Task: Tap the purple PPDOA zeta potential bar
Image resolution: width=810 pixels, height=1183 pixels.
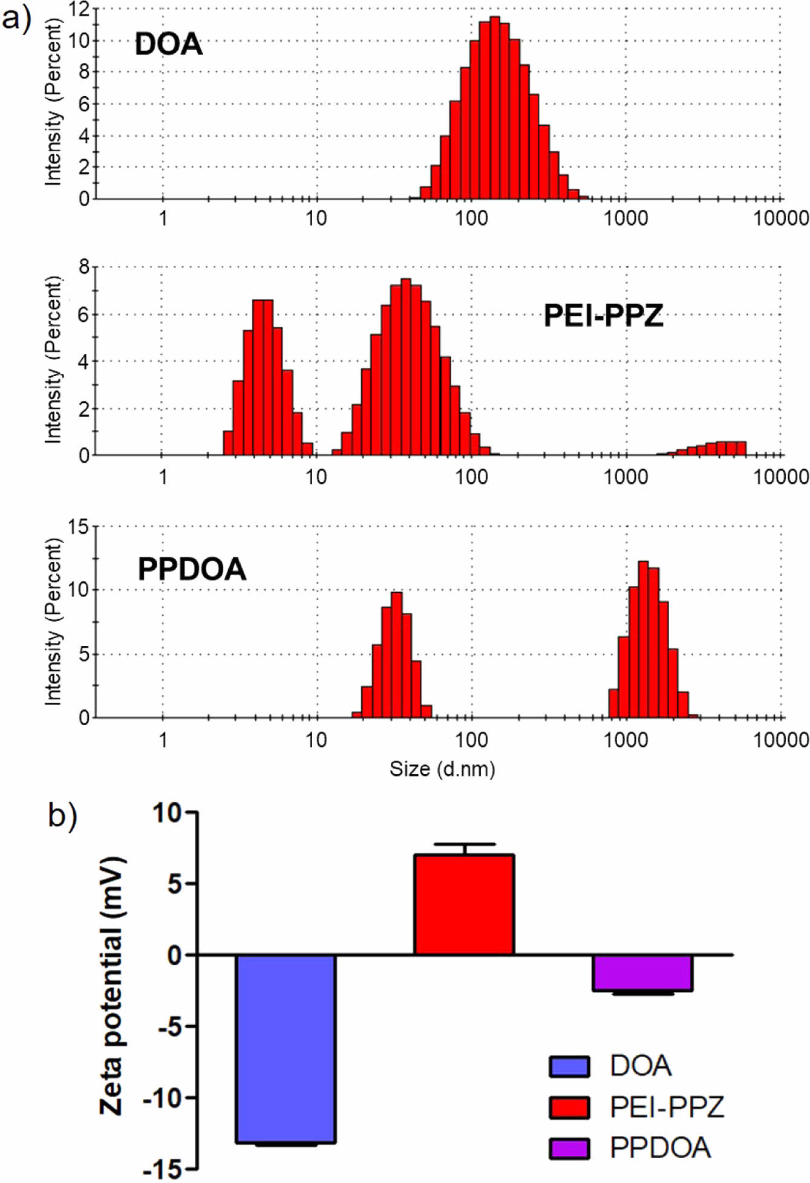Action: click(642, 973)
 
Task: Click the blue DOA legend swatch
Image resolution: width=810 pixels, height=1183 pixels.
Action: click(569, 1067)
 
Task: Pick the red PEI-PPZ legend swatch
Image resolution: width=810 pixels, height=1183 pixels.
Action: click(569, 1107)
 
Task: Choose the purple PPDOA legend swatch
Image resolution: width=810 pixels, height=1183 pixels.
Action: click(569, 1148)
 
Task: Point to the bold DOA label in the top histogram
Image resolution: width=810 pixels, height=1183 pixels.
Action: click(168, 45)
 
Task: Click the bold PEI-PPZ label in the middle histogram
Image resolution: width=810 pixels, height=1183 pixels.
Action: click(603, 316)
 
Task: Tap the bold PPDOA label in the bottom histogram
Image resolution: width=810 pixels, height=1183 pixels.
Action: click(192, 569)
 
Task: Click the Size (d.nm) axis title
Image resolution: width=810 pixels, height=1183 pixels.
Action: click(442, 769)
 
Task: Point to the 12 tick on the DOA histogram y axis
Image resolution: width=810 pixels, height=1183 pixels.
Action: click(79, 9)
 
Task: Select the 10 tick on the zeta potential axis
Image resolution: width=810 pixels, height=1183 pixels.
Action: click(167, 812)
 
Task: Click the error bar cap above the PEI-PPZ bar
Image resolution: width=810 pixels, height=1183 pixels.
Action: click(464, 844)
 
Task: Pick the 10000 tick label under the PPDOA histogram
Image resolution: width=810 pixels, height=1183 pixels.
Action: click(781, 739)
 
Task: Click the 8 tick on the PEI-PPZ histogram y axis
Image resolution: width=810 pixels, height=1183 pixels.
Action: click(83, 267)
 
